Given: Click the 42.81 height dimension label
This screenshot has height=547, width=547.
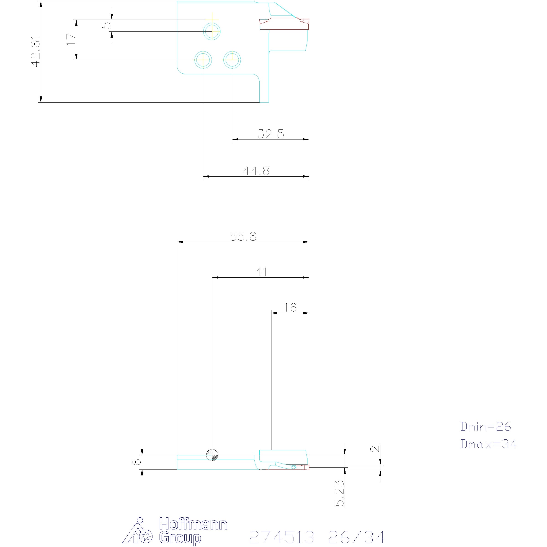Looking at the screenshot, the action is (x=36, y=52).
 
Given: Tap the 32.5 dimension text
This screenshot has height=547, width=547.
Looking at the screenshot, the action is (x=271, y=134).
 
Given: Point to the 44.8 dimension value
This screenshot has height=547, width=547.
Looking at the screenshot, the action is (x=256, y=171).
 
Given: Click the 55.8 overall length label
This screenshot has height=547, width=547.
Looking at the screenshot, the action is (x=243, y=236).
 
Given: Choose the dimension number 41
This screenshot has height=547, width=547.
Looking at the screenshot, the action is (x=261, y=272).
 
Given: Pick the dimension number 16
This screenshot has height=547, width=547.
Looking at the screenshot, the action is (x=290, y=307).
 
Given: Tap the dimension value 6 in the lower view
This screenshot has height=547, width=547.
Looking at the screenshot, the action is (x=137, y=462).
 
